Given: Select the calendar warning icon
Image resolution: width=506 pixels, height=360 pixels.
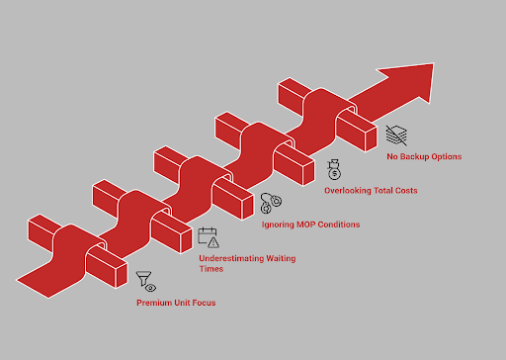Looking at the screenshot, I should [x=209, y=236].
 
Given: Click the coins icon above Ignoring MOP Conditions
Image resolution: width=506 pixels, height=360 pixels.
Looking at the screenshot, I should [x=270, y=204].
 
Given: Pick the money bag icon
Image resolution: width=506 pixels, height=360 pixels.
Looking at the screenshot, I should [x=334, y=169].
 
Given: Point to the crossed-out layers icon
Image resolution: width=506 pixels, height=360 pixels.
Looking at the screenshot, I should [x=395, y=135].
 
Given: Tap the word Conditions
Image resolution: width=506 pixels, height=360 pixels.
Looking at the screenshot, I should [x=338, y=225].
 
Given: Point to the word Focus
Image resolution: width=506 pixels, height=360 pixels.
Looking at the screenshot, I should [x=203, y=301].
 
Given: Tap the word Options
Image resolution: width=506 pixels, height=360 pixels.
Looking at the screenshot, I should [x=446, y=156].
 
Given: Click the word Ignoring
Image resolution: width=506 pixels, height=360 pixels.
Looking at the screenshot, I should [x=278, y=225].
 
